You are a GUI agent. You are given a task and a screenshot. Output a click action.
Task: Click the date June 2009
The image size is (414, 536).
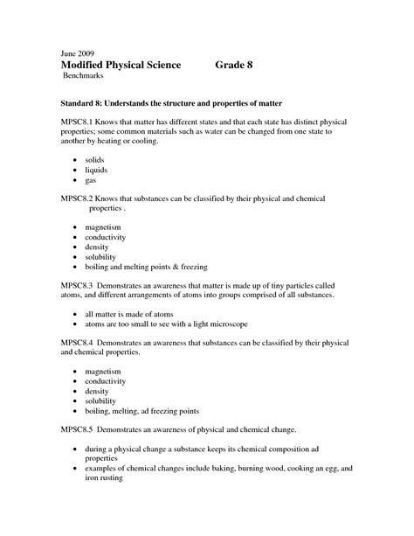78,52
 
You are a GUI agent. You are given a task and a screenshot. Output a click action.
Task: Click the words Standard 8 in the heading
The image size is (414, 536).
85,104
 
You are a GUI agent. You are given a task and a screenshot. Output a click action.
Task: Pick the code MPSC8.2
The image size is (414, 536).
79,199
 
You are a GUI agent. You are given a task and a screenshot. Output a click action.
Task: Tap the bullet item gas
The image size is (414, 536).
92,181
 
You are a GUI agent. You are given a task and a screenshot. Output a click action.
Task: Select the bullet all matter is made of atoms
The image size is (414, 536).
129,313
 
